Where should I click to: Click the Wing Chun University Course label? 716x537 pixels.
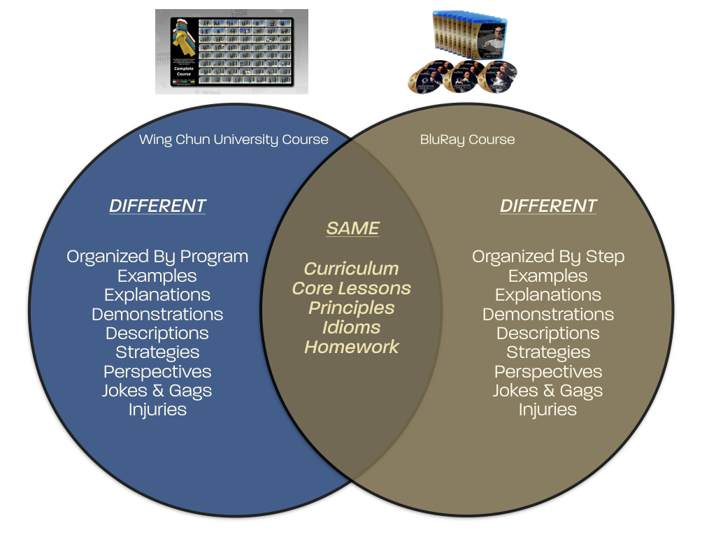[x=234, y=139]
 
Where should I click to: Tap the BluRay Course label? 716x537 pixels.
[x=467, y=139]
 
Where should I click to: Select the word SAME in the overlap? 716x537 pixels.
[x=352, y=228]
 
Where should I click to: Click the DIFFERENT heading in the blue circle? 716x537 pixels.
[x=157, y=206]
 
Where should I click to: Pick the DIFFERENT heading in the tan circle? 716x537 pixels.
[x=548, y=206]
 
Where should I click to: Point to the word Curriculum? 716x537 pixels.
[x=351, y=268]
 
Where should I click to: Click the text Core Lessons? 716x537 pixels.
[x=351, y=288]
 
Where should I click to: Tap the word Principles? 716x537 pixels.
[x=351, y=308]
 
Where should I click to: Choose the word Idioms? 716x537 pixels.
[x=351, y=327]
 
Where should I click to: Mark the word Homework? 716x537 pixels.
[x=351, y=347]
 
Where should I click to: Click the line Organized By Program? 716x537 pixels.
[x=157, y=257]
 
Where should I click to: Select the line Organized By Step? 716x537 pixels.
[x=548, y=257]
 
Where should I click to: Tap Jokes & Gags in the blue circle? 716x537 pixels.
[x=157, y=391]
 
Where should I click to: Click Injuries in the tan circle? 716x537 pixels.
[x=548, y=410]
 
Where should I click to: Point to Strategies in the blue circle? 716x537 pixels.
[x=157, y=352]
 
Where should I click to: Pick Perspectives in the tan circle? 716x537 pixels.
[x=548, y=371]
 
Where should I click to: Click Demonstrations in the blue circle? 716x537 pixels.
[x=157, y=314]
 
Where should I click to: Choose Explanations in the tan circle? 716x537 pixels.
[x=548, y=295]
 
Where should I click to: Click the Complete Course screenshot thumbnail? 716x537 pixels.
[x=231, y=51]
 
